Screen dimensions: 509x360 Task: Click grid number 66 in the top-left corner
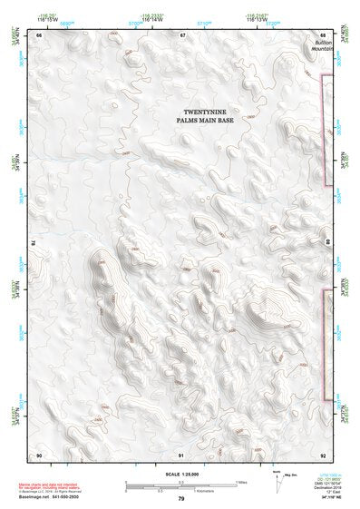(39, 34)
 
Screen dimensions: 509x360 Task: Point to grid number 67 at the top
(181, 34)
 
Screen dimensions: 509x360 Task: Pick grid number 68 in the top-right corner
(324, 34)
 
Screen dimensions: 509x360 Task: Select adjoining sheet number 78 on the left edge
(34, 242)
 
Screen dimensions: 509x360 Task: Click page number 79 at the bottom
(181, 500)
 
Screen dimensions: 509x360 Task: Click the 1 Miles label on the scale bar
(238, 481)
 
